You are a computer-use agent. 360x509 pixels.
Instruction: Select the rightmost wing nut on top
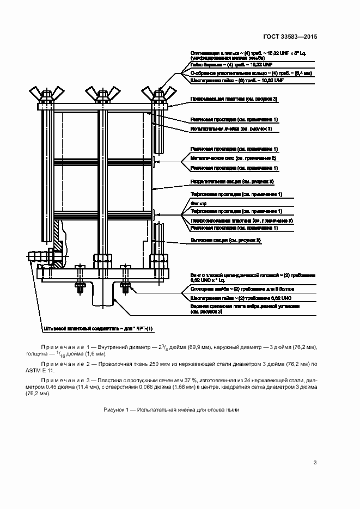[158, 92]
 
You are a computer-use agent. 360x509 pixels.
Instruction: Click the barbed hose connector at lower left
[37, 255]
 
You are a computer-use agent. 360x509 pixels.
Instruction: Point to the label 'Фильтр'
[197, 203]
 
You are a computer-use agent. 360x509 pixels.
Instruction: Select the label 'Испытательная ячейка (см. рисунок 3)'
[231, 129]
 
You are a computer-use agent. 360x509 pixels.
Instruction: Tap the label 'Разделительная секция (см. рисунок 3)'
[231, 181]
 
